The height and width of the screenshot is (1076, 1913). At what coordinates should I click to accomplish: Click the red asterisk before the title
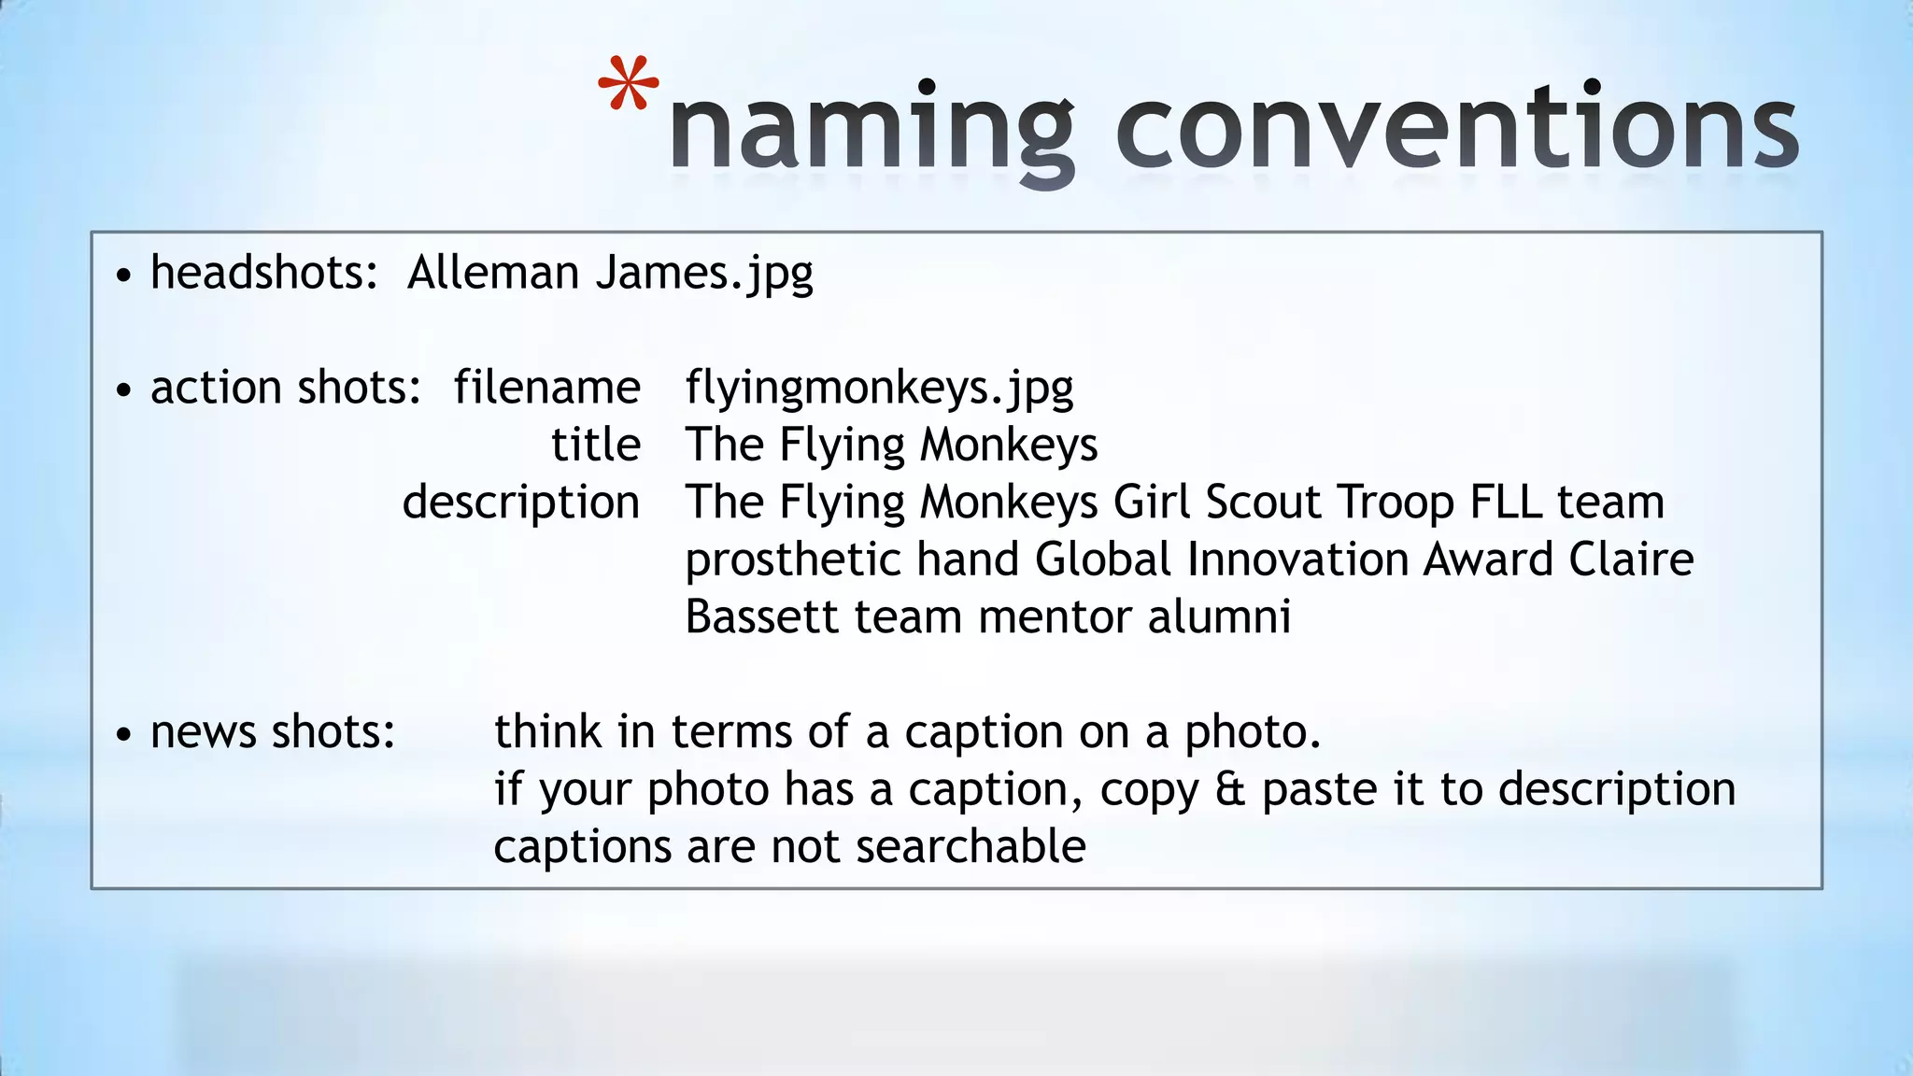click(629, 85)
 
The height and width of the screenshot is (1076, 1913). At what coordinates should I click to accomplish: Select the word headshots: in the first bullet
click(264, 273)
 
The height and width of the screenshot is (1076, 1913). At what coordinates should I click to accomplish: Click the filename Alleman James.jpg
click(610, 273)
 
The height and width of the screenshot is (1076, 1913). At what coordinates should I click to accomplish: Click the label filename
click(547, 388)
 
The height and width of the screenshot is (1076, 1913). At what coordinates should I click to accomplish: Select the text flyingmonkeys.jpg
click(879, 388)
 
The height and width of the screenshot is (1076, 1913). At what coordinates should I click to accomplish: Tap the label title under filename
click(596, 445)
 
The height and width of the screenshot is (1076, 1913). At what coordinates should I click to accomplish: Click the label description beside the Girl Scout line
click(521, 503)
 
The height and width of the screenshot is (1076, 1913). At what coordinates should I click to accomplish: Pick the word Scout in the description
click(1263, 503)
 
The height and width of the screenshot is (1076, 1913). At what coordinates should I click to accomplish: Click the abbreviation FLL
click(1505, 503)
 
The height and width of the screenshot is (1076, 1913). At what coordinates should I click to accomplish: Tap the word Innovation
click(1297, 560)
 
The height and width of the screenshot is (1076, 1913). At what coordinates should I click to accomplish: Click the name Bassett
click(762, 617)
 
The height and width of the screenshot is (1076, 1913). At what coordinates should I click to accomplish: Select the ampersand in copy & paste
click(1230, 790)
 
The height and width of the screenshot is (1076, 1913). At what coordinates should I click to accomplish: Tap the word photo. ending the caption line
click(1253, 732)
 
